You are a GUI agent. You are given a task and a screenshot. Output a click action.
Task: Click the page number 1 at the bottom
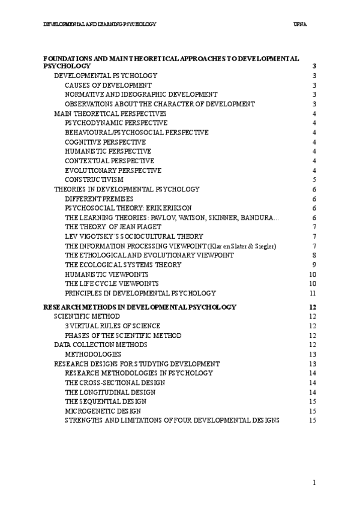tap(314, 482)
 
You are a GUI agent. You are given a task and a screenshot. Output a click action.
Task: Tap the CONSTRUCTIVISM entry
tap(94, 179)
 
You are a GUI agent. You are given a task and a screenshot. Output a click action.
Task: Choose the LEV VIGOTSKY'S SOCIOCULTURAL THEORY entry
tap(134, 236)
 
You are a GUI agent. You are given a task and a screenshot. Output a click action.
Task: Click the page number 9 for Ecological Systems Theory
tap(314, 265)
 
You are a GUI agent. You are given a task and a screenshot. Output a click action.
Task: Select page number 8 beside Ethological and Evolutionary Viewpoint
tap(314, 255)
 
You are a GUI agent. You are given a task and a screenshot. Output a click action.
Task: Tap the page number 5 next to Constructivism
tap(314, 179)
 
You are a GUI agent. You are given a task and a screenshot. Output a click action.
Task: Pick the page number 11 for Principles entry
tap(313, 293)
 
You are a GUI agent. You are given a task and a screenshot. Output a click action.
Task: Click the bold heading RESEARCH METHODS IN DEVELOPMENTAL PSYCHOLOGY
tap(140, 307)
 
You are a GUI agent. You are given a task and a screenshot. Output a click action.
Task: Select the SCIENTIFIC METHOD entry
tap(87, 316)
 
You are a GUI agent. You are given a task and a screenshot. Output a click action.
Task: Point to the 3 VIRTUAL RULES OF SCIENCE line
tap(113, 326)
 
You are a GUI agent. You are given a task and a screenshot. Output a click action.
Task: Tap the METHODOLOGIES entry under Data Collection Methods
tap(92, 354)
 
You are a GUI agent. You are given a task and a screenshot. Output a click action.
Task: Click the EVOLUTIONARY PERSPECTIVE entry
tap(113, 170)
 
